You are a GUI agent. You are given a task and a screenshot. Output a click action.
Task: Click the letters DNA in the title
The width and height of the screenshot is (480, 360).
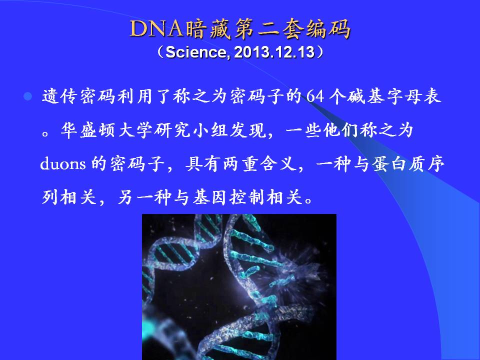[156, 29]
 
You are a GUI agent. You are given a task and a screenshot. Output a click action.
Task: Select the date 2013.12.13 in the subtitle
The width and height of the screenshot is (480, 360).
[274, 52]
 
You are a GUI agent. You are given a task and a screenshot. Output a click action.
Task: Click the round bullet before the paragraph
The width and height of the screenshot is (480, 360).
[28, 96]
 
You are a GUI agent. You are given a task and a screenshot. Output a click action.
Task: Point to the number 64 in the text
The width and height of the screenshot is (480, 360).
[315, 96]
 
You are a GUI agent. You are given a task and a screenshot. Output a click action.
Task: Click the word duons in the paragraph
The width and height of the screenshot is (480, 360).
[63, 164]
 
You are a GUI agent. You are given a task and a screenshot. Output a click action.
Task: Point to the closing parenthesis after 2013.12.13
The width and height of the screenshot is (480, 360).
[320, 52]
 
